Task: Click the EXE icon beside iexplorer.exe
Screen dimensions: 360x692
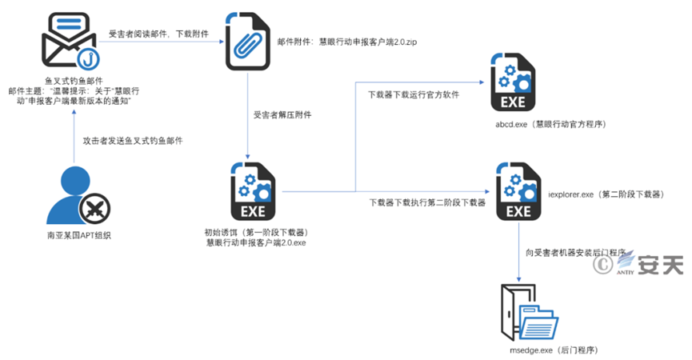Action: [518, 192]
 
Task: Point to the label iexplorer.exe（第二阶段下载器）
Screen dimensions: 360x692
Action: [606, 194]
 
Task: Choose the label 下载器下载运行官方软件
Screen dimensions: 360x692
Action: [413, 94]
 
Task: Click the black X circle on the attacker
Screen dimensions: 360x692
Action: [94, 210]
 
